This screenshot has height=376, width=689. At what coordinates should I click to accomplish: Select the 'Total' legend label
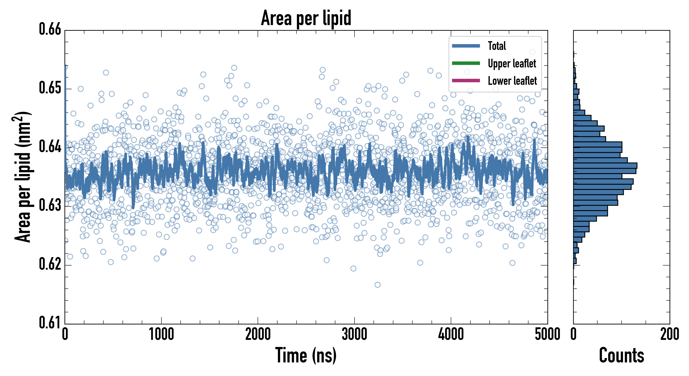pos(497,46)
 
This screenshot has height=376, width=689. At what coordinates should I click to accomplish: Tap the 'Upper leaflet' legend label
pos(512,64)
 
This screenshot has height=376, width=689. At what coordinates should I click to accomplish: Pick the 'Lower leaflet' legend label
pos(512,81)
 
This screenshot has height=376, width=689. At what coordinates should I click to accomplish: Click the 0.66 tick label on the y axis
pos(50,29)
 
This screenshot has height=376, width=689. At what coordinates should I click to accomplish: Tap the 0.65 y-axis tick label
pos(50,88)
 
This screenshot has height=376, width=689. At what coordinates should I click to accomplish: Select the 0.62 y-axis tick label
pos(50,264)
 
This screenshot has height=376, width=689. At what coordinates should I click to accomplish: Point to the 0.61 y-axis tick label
pos(50,323)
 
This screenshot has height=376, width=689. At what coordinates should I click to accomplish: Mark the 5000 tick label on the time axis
pos(547,334)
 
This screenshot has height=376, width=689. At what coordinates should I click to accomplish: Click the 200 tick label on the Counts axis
pos(669,334)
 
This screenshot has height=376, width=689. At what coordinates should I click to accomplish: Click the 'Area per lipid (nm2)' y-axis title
pos(23,177)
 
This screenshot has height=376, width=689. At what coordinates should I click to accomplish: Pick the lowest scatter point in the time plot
pos(377,285)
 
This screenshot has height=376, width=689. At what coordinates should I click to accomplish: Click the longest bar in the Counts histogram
pos(605,166)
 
